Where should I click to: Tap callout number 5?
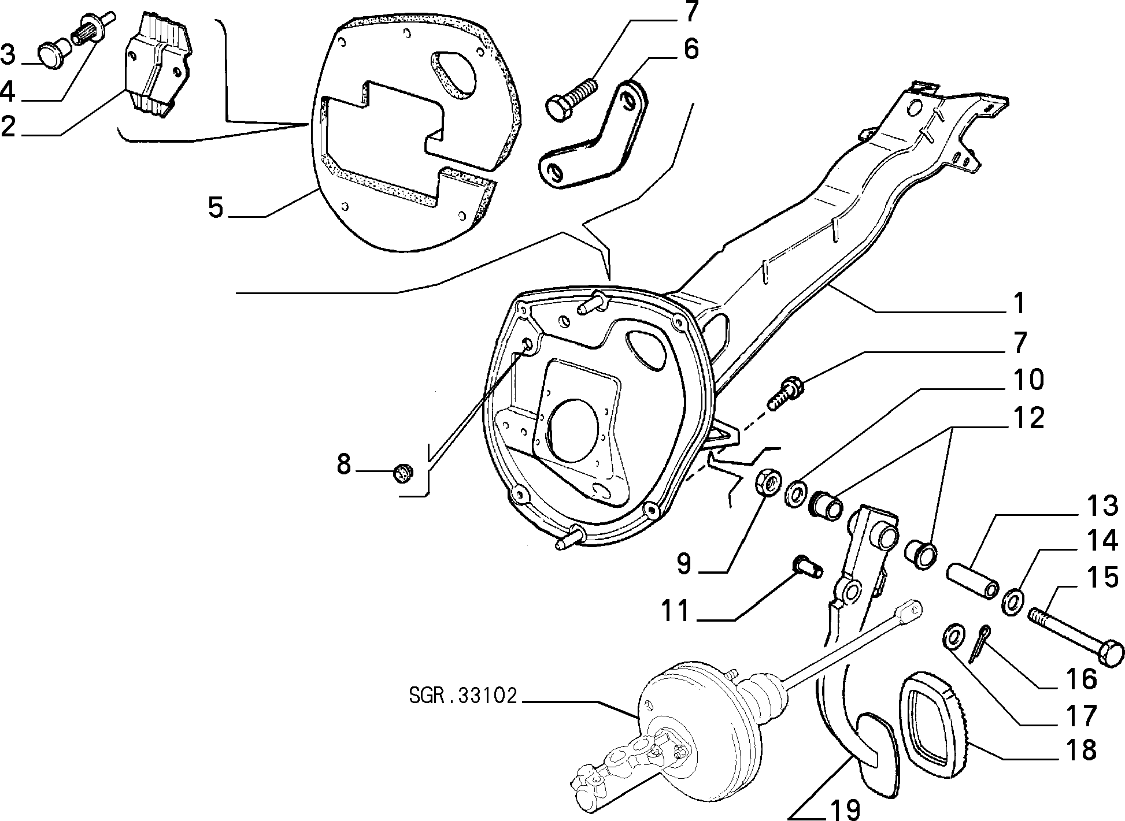pyautogui.click(x=216, y=207)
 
